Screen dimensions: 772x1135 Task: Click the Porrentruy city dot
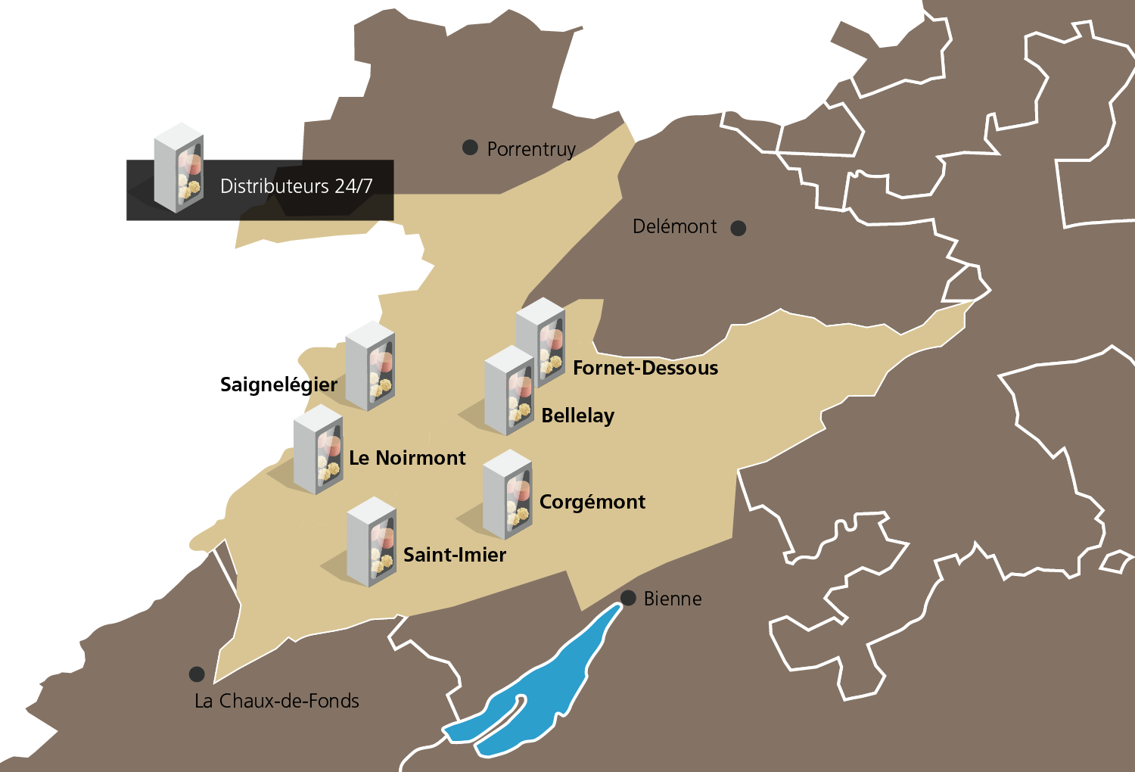470,148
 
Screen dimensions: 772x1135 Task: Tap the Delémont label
674,226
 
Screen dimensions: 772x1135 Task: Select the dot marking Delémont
739,228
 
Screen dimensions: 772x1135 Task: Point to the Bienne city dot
628,598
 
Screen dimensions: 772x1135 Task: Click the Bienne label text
673,599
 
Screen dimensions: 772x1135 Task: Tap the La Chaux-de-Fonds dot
197,674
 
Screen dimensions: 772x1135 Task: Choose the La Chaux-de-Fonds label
277,701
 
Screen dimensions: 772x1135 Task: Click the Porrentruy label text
531,149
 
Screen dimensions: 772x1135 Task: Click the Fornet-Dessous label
645,368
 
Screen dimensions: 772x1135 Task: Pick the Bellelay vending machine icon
508,390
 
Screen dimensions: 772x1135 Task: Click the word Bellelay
578,416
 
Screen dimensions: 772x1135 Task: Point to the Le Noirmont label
407,458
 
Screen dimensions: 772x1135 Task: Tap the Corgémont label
592,502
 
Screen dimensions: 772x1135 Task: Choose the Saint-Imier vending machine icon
372,541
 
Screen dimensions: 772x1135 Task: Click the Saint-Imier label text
455,555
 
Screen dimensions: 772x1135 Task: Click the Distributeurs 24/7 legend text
297,186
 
